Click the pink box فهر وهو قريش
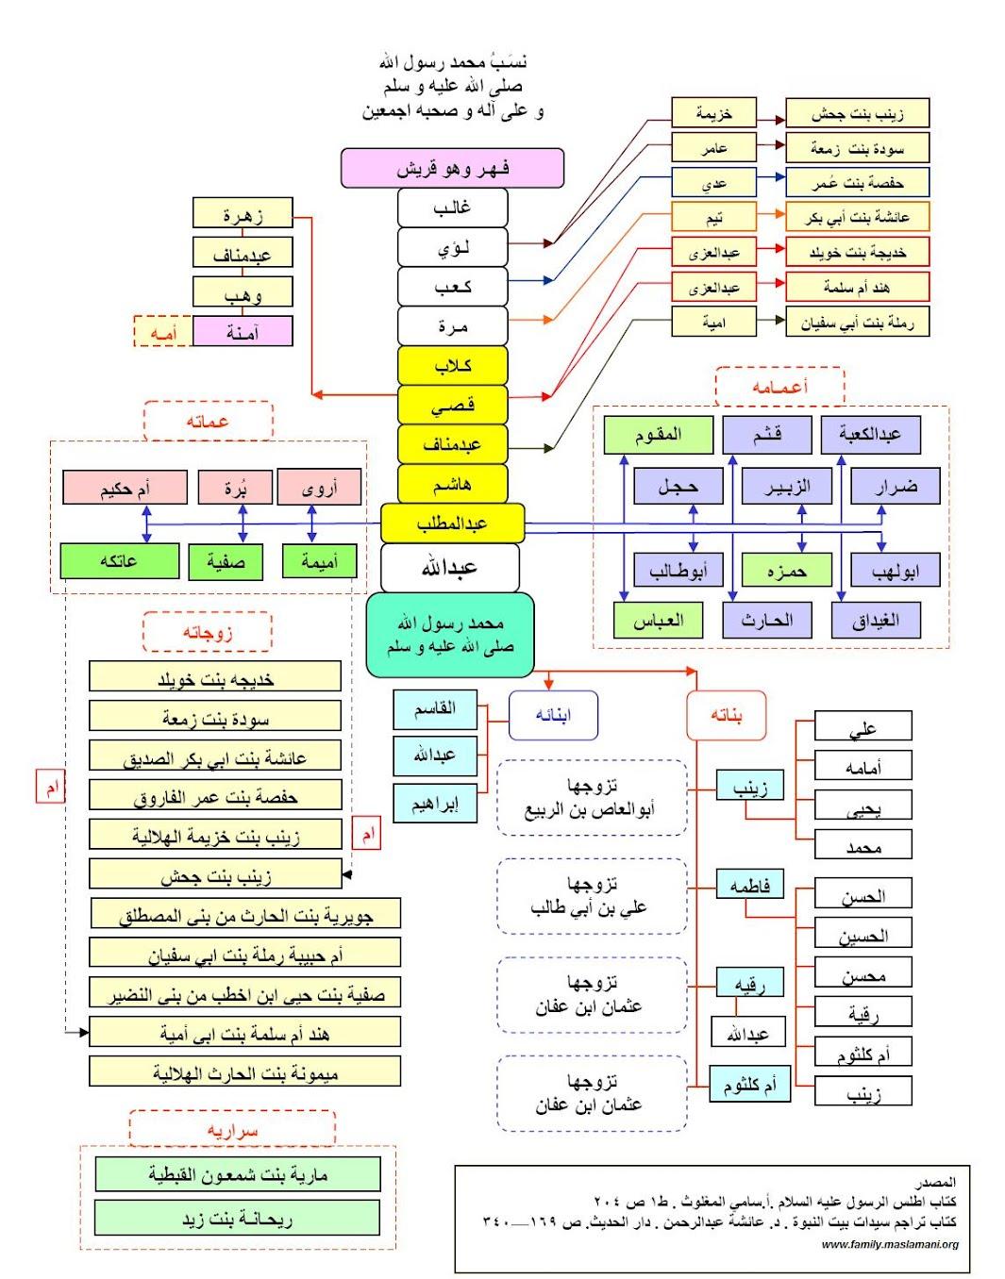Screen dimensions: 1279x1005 click(x=452, y=168)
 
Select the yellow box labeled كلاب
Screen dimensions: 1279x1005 click(x=452, y=366)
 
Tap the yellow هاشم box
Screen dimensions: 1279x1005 click(x=452, y=484)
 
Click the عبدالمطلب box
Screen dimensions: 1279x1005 click(x=452, y=523)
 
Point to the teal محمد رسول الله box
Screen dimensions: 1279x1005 click(x=450, y=634)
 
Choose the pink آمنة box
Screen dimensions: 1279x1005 click(x=243, y=331)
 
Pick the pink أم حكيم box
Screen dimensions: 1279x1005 click(x=125, y=488)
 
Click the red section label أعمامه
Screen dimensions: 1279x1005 click(x=779, y=387)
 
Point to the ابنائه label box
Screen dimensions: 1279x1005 click(x=553, y=716)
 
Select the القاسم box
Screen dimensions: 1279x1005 click(x=435, y=709)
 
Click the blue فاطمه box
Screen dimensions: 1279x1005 click(x=749, y=885)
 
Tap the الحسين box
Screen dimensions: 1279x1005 click(x=863, y=935)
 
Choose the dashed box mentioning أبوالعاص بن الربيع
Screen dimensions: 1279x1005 click(x=591, y=798)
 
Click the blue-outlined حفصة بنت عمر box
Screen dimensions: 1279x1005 click(x=857, y=182)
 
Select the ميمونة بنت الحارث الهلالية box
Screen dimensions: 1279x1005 click(x=244, y=1071)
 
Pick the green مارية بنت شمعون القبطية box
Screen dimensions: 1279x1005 click(x=237, y=1174)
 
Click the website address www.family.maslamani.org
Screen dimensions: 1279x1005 click(x=889, y=1244)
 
